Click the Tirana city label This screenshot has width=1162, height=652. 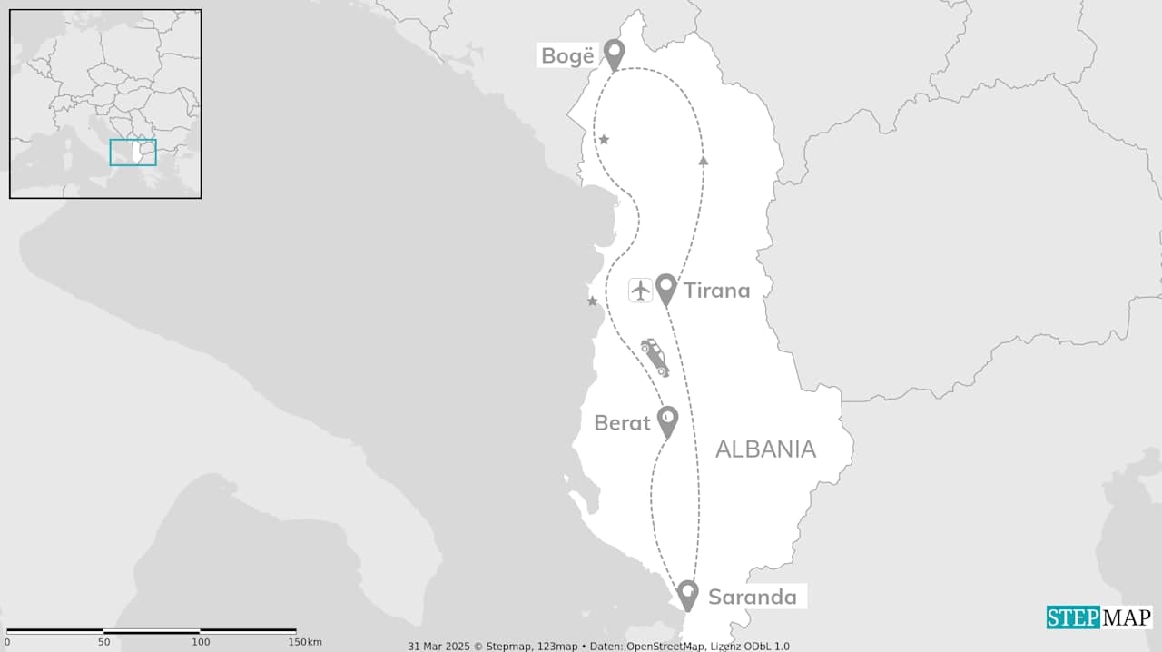pos(716,291)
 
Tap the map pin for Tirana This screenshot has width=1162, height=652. pos(666,288)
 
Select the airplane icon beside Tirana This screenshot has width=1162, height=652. pos(641,291)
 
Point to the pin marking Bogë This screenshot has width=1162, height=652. pos(615,54)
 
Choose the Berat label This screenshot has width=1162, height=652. pos(622,423)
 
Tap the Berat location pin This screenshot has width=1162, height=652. pos(668,420)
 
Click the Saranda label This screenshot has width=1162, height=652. pos(753,597)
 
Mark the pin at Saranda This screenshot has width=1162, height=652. pos(687,594)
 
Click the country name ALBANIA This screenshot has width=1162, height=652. pos(765,449)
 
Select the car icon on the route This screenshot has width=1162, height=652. pos(655,357)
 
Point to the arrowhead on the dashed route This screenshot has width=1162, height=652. pos(704,161)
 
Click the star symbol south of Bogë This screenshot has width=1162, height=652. pos(604,140)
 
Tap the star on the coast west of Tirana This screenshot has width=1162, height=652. pos(592,301)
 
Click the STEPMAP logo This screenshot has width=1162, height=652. pos(1098,617)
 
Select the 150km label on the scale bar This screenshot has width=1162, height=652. pos(307,642)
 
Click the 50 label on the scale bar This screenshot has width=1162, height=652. pos(103,642)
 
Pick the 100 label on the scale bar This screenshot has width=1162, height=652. pos(200,642)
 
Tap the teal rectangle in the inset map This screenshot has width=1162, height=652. pos(133,153)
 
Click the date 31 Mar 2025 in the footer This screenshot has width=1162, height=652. pos(437,647)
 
